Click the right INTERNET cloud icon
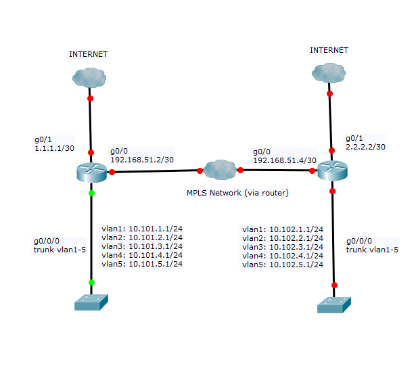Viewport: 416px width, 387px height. [329, 72]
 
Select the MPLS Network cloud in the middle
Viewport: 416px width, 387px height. [219, 169]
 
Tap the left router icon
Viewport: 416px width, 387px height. [91, 172]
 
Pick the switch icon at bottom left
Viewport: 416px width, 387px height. [91, 302]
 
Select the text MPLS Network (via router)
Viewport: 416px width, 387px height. [237, 193]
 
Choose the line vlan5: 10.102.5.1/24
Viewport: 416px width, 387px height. [283, 265]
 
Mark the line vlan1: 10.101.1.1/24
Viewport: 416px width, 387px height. [141, 228]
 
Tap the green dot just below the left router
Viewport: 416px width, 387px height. [91, 193]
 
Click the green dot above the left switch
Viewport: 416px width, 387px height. [91, 282]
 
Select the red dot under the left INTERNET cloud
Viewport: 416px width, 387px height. [90, 99]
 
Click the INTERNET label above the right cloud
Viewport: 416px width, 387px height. [329, 50]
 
